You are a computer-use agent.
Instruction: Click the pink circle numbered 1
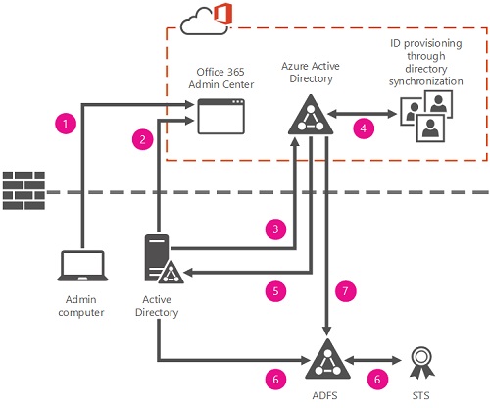click(x=66, y=124)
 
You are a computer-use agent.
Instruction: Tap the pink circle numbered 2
click(x=143, y=139)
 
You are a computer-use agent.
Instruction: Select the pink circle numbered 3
click(x=275, y=229)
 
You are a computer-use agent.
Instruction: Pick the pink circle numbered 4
click(x=364, y=127)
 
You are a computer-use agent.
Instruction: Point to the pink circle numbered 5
click(x=275, y=291)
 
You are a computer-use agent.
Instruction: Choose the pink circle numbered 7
click(x=346, y=290)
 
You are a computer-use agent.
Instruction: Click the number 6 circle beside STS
click(x=377, y=380)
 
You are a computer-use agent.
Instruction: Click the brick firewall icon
click(x=24, y=190)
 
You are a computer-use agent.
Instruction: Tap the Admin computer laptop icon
click(x=82, y=266)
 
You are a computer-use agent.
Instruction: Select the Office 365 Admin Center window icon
click(x=221, y=116)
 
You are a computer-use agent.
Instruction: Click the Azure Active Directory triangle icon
click(x=311, y=115)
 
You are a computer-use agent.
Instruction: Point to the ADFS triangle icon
click(x=327, y=359)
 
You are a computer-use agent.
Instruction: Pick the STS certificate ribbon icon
click(x=421, y=363)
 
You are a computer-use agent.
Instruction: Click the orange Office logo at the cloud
click(x=223, y=13)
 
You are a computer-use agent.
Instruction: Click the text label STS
click(x=420, y=396)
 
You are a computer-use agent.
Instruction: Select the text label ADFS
click(x=324, y=396)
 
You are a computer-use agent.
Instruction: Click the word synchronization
click(x=426, y=81)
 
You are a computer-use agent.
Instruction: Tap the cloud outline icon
click(x=205, y=22)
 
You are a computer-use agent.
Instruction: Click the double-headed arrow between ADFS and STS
click(x=372, y=361)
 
